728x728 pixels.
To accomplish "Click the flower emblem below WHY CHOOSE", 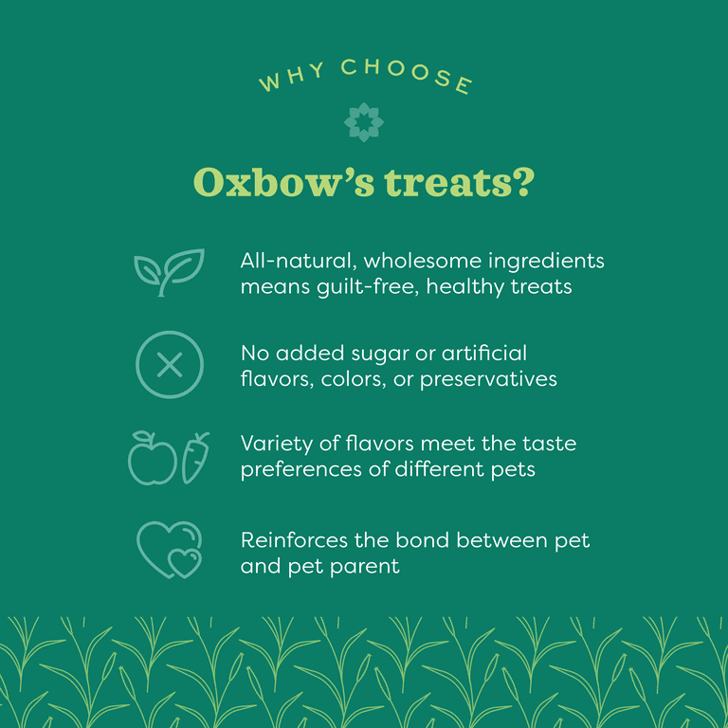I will coord(363,123).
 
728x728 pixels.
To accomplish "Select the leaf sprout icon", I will coord(168,271).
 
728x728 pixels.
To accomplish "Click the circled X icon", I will coord(170,365).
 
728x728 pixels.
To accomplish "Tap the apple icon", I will coord(152,458).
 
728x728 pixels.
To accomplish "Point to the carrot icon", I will coord(195,457).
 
